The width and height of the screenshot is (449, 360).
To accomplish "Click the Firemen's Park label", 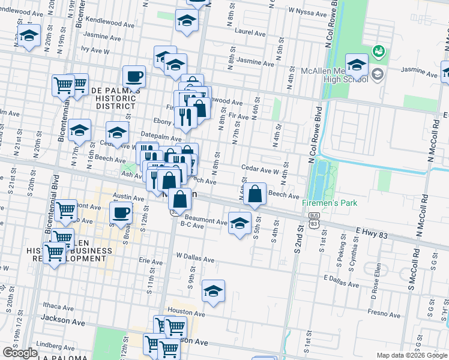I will click(329, 203).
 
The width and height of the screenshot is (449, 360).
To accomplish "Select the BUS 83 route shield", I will click(313, 218).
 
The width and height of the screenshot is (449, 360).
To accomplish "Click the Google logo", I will click(20, 353).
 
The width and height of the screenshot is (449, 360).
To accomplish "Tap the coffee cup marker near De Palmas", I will click(134, 77).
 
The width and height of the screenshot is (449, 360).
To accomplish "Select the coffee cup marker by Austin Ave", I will click(121, 212).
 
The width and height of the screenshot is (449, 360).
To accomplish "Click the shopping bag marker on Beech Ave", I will click(255, 194).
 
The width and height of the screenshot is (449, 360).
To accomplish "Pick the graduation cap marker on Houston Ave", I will click(213, 290).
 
